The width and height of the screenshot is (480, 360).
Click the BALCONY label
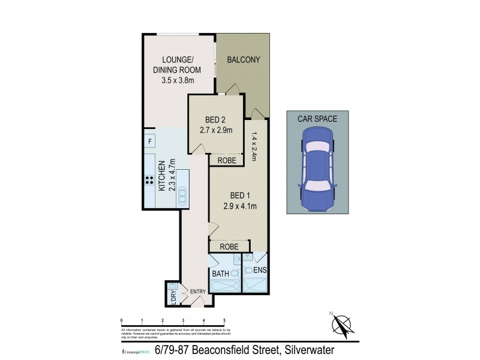243,59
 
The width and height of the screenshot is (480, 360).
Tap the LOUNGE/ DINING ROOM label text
178,64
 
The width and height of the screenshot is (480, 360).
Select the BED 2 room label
215,118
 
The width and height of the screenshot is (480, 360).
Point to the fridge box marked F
149,142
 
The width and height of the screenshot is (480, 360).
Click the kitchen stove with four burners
148,181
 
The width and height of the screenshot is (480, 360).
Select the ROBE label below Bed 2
226,160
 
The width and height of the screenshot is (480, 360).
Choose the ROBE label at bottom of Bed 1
228,247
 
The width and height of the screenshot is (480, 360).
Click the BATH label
220,274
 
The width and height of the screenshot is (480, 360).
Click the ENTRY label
197,292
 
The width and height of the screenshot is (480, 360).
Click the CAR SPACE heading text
317,119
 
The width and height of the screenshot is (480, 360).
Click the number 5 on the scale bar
224,320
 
